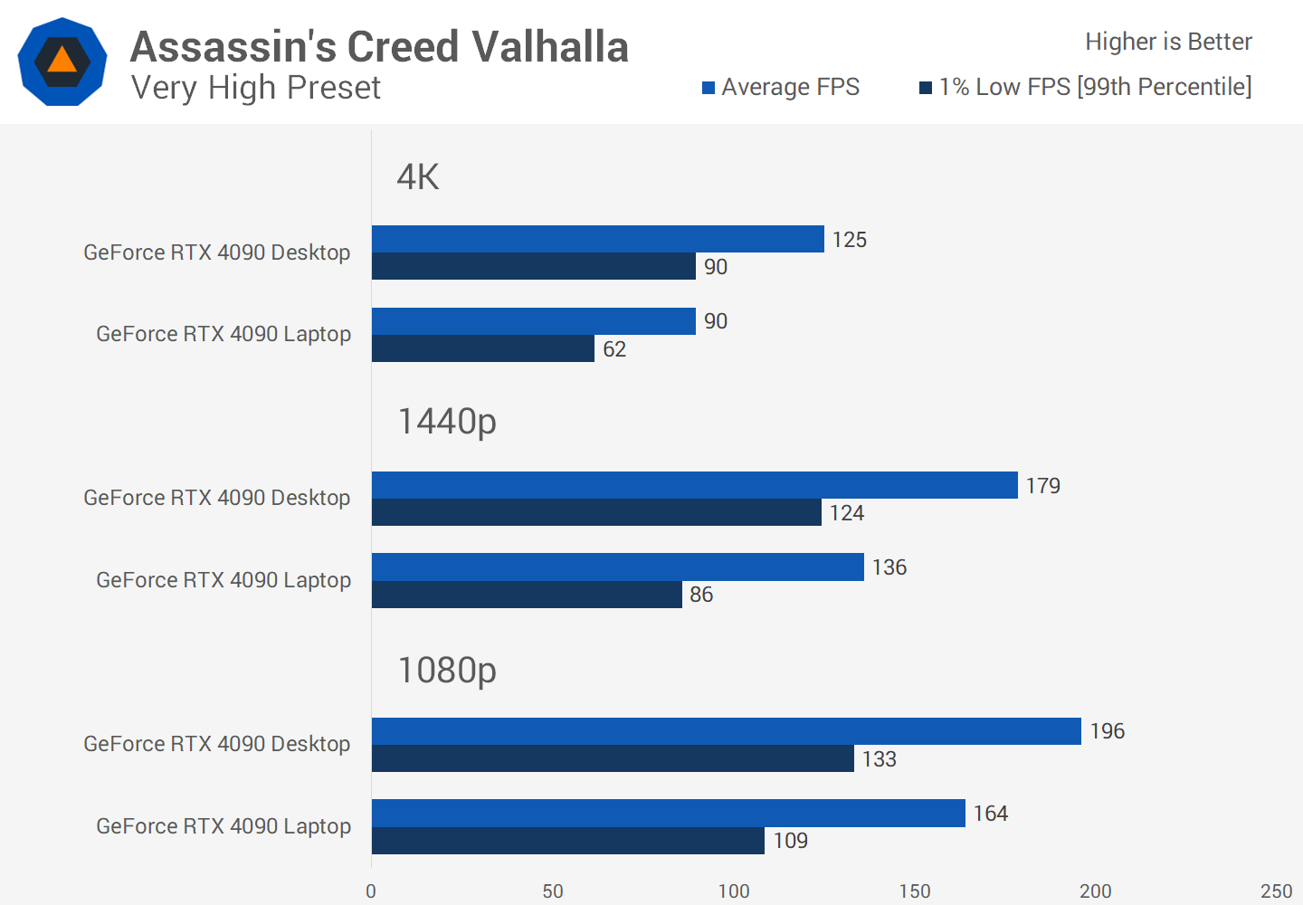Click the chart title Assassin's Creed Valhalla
coord(379,47)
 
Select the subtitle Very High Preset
coord(256,88)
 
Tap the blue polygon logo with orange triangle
coord(62,62)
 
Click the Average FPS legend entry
coord(781,87)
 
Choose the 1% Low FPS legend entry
coord(1086,87)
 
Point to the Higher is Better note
coord(1168,42)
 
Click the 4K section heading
coord(418,176)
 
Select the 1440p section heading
coord(447,422)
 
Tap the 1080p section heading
coord(447,671)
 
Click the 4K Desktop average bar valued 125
coord(597,239)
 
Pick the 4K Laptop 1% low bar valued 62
coord(482,348)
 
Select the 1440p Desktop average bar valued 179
coord(694,485)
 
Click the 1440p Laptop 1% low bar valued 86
coord(527,595)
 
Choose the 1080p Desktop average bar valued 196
coord(726,731)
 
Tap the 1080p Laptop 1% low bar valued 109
coord(567,841)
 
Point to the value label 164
coord(991,814)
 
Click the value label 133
coord(879,759)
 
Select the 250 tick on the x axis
coord(1276,891)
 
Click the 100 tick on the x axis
coord(734,891)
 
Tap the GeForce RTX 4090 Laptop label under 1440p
coord(224,580)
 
